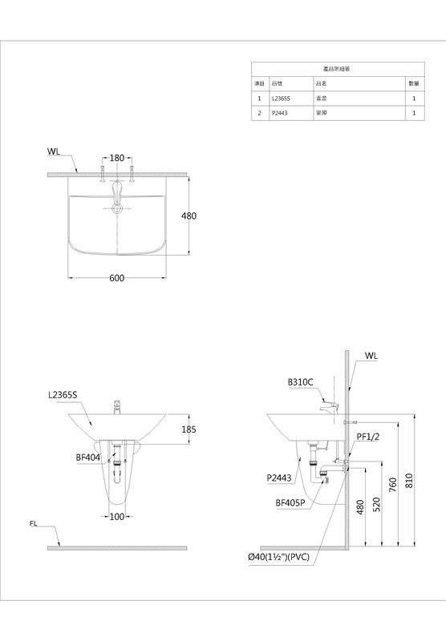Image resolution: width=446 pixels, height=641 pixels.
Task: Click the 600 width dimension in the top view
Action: tap(117, 277)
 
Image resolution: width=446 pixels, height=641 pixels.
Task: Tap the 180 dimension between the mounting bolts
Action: tap(117, 158)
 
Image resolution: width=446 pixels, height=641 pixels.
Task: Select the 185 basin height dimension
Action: tap(189, 429)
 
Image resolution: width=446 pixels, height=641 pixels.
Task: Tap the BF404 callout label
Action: tap(87, 457)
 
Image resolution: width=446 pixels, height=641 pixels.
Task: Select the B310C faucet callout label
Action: tap(301, 382)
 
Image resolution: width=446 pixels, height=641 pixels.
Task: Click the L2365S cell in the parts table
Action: tap(283, 99)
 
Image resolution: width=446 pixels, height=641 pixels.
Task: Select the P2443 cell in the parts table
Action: tap(281, 114)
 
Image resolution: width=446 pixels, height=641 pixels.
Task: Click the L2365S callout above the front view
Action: tap(63, 394)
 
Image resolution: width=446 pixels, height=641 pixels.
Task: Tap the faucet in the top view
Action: tap(117, 192)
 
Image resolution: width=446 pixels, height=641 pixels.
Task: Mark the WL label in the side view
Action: tap(371, 354)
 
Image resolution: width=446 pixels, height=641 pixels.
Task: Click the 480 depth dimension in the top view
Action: tap(189, 216)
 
